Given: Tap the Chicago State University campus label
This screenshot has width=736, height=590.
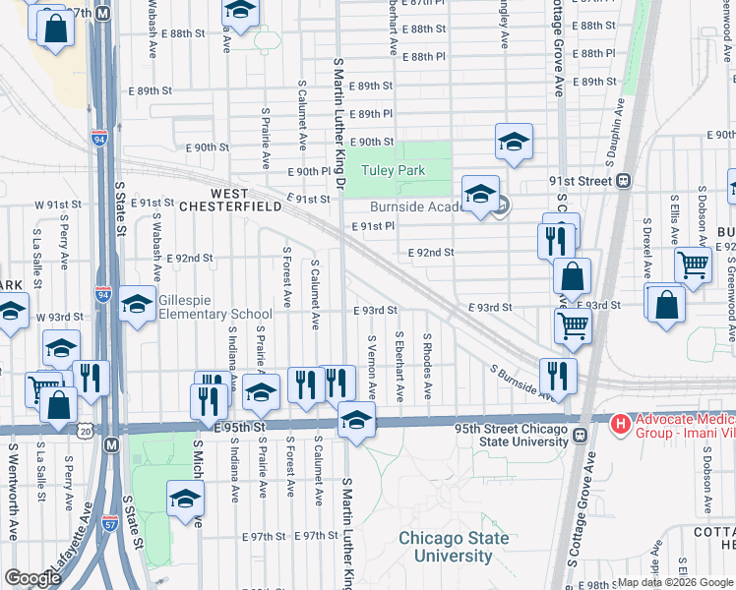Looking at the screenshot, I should click(454, 547).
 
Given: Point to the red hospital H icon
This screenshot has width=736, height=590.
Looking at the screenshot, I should click(621, 425).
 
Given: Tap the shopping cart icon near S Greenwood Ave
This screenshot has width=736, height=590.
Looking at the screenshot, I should click(694, 263).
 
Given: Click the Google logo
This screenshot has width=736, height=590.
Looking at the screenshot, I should click(31, 578).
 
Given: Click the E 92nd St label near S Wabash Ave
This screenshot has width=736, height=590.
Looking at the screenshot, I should click(190, 258).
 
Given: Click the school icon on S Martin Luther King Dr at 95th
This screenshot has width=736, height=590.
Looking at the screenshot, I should click(356, 419).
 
